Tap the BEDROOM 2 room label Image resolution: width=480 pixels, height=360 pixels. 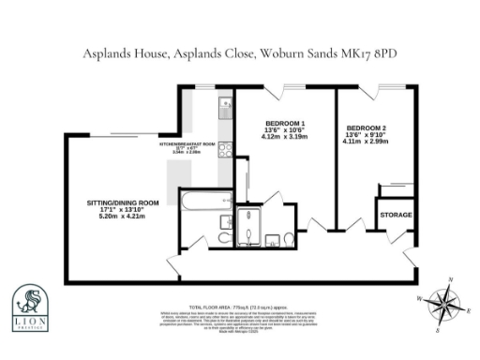[x=367, y=127]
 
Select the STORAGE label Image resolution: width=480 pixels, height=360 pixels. [x=395, y=215]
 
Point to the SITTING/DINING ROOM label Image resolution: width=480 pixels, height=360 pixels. [x=123, y=202]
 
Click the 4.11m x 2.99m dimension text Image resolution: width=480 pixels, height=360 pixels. [x=367, y=142]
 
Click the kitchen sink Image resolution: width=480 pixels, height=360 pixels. [x=225, y=112]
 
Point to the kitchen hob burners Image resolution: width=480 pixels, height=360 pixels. [x=224, y=149]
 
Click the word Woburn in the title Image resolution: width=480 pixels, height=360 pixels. [x=279, y=53]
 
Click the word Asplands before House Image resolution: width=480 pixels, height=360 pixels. [x=112, y=53]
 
